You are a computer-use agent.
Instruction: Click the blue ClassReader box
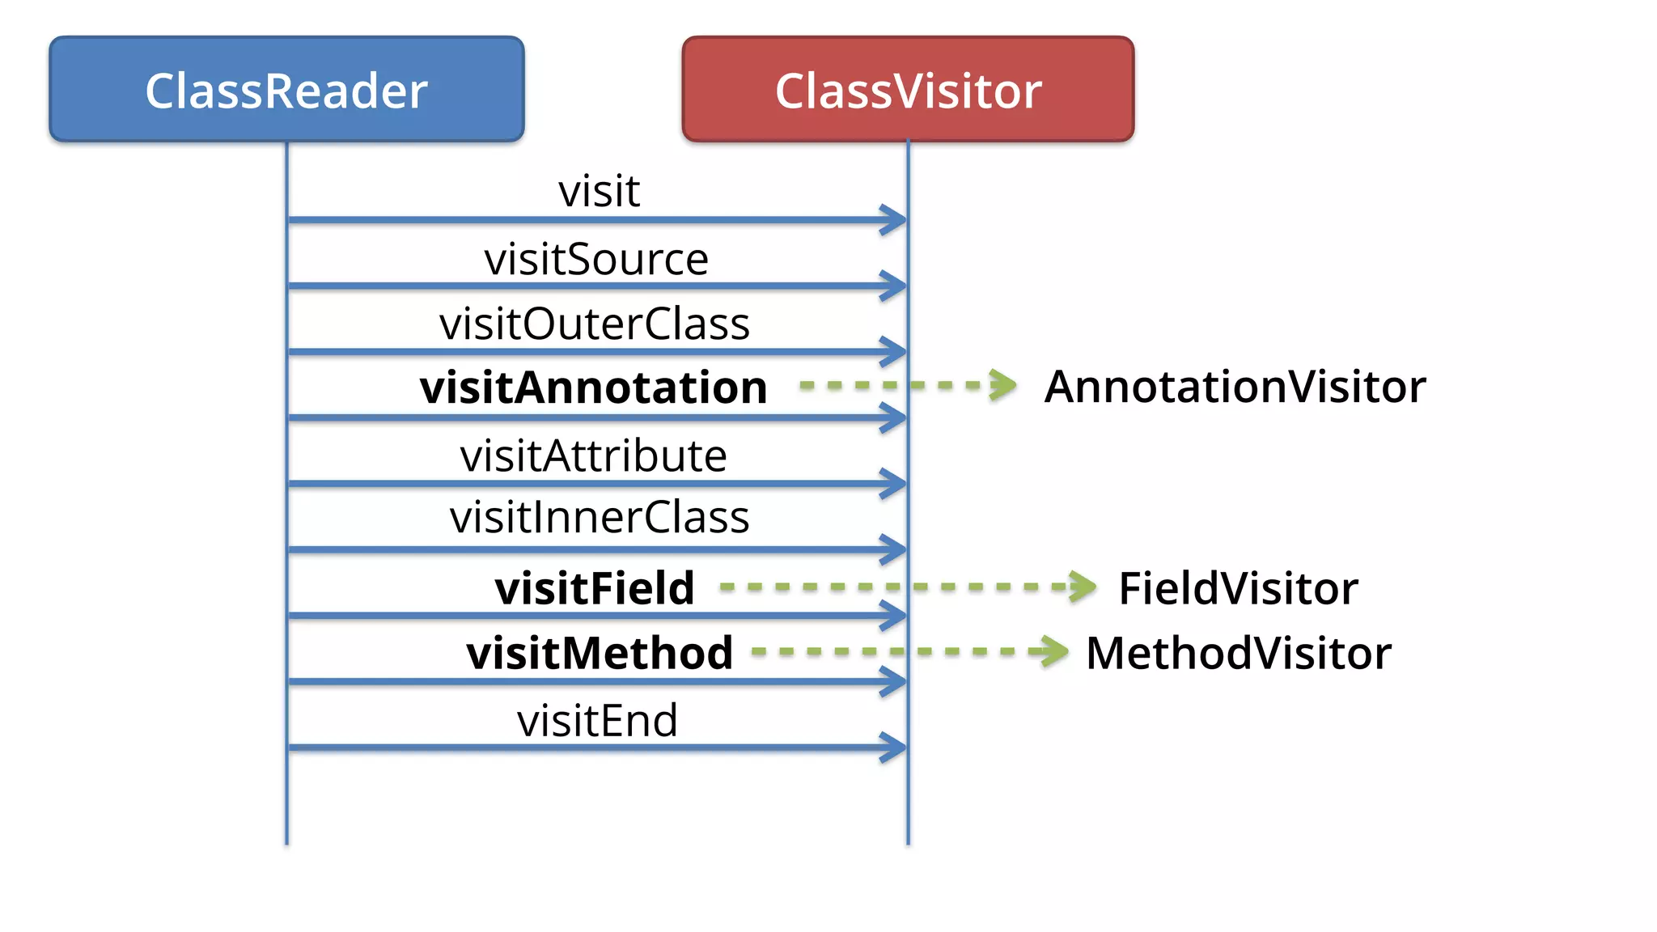pyautogui.click(x=286, y=89)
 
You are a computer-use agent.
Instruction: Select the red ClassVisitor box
pyautogui.click(x=908, y=89)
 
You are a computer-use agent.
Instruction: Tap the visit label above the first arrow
pyautogui.click(x=599, y=191)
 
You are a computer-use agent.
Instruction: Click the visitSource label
pyautogui.click(x=596, y=259)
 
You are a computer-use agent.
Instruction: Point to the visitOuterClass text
pyautogui.click(x=595, y=324)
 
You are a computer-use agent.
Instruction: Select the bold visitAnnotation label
pyautogui.click(x=593, y=387)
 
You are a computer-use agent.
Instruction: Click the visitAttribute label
pyautogui.click(x=593, y=455)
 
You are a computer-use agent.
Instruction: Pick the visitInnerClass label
pyautogui.click(x=600, y=517)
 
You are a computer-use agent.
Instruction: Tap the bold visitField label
pyautogui.click(x=595, y=587)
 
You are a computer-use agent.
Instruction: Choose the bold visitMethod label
pyautogui.click(x=600, y=652)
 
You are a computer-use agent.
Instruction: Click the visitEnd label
pyautogui.click(x=597, y=720)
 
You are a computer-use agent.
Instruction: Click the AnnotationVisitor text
pyautogui.click(x=1235, y=387)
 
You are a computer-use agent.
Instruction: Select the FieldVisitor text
pyautogui.click(x=1238, y=587)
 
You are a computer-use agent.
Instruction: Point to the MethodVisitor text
pyautogui.click(x=1238, y=652)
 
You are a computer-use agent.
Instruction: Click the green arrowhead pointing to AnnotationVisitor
pyautogui.click(x=1003, y=385)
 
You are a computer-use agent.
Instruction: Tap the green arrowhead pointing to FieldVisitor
pyautogui.click(x=1083, y=587)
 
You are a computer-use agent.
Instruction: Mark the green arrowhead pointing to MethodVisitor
pyautogui.click(x=1053, y=651)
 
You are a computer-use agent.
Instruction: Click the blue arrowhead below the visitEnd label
pyautogui.click(x=893, y=748)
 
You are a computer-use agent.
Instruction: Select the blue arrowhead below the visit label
pyautogui.click(x=893, y=219)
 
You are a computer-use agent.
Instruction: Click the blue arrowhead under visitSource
pyautogui.click(x=893, y=286)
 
